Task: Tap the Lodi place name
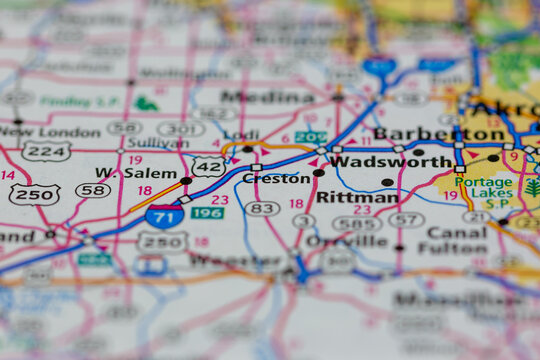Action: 241,134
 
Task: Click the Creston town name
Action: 276,178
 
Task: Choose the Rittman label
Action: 357,197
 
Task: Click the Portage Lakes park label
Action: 484,190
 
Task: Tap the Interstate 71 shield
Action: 163,216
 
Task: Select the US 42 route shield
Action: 208,166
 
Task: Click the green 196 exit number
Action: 207,213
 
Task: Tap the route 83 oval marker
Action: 261,208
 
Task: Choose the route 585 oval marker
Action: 357,223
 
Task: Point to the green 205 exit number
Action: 310,137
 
